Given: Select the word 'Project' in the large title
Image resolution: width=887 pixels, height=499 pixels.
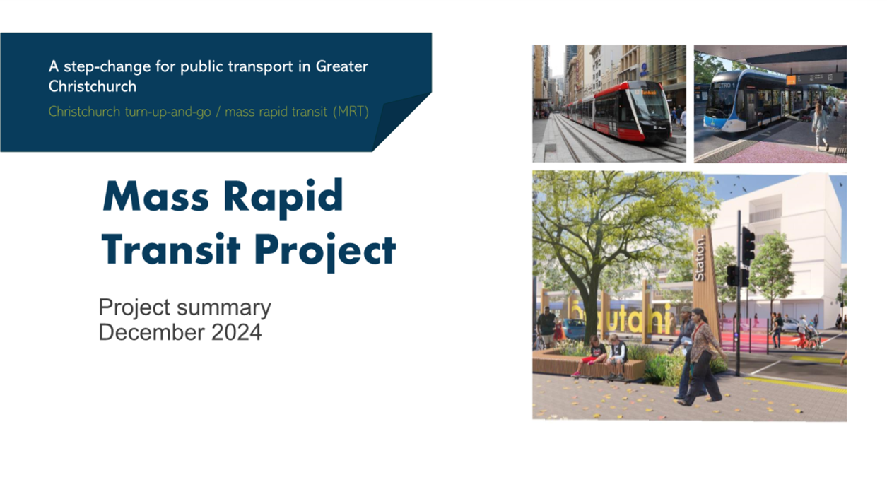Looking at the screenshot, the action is pos(325,251).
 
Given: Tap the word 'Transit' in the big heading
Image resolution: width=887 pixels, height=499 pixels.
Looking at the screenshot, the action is pos(171,249).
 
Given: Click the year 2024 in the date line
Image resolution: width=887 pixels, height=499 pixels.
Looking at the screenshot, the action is pos(236,332).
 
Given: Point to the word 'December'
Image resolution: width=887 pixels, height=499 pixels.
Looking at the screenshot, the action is pos(153,332).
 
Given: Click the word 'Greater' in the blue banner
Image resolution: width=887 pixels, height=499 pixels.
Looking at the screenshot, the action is pos(342,66).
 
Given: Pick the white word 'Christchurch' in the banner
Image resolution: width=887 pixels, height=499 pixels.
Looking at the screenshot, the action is pos(93,86).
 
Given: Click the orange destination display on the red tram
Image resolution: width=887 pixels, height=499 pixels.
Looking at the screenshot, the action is pos(648,93).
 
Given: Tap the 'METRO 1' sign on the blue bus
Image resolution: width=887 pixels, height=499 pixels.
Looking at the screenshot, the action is pos(724,85).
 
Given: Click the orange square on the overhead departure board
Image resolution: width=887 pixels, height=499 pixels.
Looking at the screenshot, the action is pos(791,80).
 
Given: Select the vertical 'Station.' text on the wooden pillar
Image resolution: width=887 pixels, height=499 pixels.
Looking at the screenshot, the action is pos(700,258).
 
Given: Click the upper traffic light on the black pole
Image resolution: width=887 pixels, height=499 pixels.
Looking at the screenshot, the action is pos(748,246).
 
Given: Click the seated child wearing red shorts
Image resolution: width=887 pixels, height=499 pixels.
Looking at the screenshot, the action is pos(591,356).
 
